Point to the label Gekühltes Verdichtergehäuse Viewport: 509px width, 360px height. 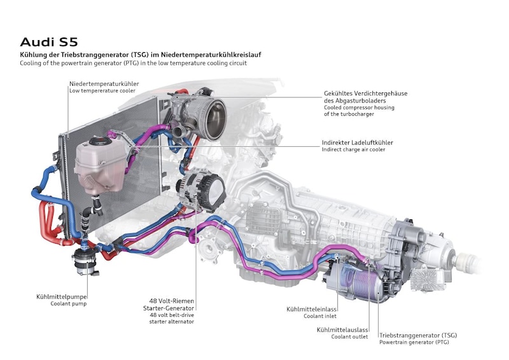(365, 93)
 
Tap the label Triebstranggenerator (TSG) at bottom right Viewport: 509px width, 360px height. (417, 335)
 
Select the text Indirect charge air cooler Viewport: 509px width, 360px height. (354, 149)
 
